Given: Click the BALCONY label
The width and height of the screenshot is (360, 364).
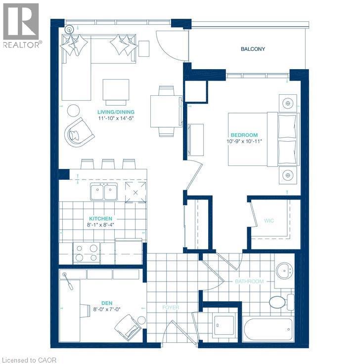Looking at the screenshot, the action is click(x=253, y=49).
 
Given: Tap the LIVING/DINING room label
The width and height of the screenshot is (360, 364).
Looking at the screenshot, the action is click(x=116, y=112).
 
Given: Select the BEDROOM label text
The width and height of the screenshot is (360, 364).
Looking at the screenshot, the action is click(x=244, y=135).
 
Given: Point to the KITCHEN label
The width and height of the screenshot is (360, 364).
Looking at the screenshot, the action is click(x=101, y=219).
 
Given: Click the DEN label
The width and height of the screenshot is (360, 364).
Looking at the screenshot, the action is click(x=107, y=303).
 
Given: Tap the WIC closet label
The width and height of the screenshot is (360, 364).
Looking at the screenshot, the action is click(x=269, y=221).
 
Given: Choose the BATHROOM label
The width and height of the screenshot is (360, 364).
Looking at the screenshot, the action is click(x=249, y=282).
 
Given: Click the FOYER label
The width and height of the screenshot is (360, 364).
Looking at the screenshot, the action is click(x=171, y=308).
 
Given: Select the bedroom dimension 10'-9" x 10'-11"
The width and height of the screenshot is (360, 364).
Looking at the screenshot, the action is click(x=244, y=141).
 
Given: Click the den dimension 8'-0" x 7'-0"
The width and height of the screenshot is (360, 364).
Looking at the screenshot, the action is click(x=107, y=309).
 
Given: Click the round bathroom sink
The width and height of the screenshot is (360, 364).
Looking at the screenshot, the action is click(x=284, y=270).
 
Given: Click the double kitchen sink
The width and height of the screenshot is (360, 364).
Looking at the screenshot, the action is click(x=104, y=192).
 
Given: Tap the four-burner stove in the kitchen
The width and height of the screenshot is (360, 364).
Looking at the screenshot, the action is click(x=87, y=253).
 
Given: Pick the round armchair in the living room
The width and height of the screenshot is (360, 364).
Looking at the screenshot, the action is click(x=80, y=132).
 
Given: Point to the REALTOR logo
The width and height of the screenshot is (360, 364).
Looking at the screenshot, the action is click(x=21, y=26).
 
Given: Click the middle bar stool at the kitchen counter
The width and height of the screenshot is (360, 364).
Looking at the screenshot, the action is click(x=108, y=164).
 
